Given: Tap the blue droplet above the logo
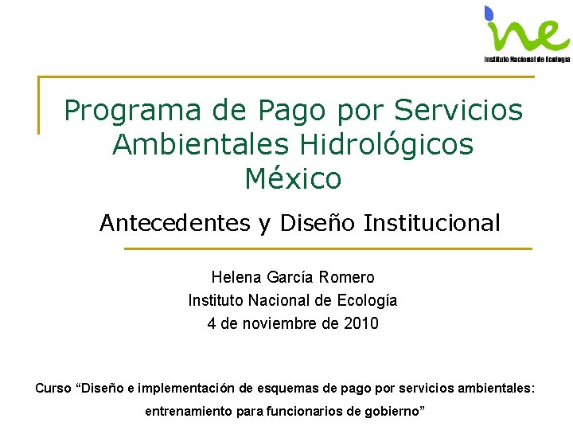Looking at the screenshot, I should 489,12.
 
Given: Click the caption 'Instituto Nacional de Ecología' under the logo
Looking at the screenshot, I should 527,59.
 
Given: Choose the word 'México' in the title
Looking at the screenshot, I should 293,178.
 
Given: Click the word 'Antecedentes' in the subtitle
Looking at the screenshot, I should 174,223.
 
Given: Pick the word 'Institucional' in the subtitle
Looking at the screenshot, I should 432,223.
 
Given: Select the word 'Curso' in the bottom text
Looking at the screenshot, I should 52,389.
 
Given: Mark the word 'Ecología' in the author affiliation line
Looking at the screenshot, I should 370,300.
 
